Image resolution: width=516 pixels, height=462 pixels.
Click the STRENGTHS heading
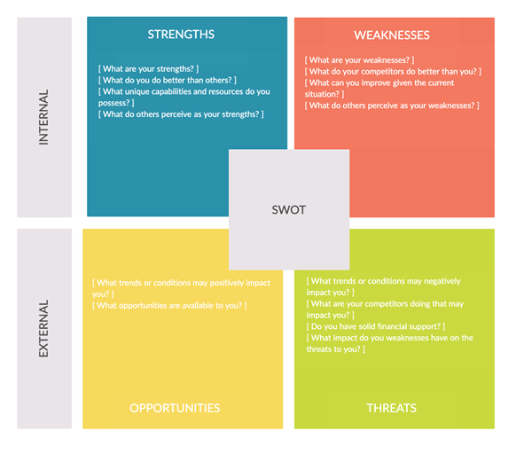181,35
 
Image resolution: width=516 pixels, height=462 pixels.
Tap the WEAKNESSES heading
392,35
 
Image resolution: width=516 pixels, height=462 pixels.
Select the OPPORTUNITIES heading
175,408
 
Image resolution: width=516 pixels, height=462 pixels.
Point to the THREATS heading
392,408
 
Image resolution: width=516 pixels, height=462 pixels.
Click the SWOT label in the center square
289,210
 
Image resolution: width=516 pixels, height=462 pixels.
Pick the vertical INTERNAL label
43,117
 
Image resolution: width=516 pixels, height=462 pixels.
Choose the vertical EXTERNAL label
43,328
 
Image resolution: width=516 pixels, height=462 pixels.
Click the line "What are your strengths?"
148,69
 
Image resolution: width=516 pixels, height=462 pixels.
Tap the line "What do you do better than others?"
168,81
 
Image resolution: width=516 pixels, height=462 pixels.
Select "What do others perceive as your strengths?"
181,114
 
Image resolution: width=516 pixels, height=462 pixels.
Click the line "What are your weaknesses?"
359,60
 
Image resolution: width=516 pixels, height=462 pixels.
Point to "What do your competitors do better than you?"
393,72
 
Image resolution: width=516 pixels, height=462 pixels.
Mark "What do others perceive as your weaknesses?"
392,106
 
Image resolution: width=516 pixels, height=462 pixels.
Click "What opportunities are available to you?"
169,306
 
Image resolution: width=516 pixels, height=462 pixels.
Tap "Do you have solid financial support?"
376,326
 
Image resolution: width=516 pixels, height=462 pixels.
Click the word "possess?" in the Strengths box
113,103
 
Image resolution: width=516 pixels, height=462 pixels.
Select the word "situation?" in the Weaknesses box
322,94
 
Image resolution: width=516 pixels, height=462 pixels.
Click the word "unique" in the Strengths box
137,92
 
